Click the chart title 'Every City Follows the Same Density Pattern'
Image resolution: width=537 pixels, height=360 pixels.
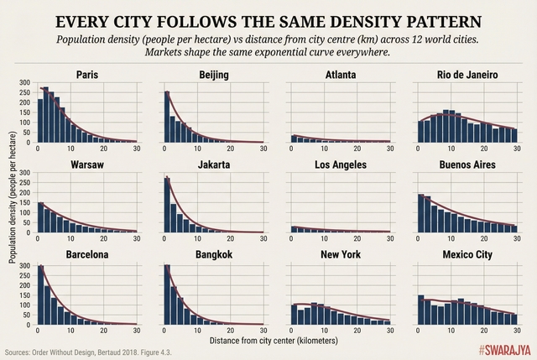point(268,20)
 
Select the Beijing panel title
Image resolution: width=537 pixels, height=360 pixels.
point(214,76)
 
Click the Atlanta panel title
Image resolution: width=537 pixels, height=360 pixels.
point(341,76)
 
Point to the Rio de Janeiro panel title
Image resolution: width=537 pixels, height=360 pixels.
point(467,76)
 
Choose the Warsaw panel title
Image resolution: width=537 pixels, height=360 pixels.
point(87,164)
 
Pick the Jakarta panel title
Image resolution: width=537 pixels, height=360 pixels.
point(214,164)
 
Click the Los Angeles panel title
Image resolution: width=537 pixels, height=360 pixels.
point(341,164)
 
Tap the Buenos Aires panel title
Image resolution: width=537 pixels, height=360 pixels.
point(467,164)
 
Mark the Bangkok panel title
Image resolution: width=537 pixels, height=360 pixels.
point(214,254)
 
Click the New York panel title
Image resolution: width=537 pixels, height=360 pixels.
point(341,254)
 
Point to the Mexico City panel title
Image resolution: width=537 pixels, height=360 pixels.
point(467,254)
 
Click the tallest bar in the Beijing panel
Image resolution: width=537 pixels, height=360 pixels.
point(167,117)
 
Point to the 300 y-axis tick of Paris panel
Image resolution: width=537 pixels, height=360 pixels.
point(23,84)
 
